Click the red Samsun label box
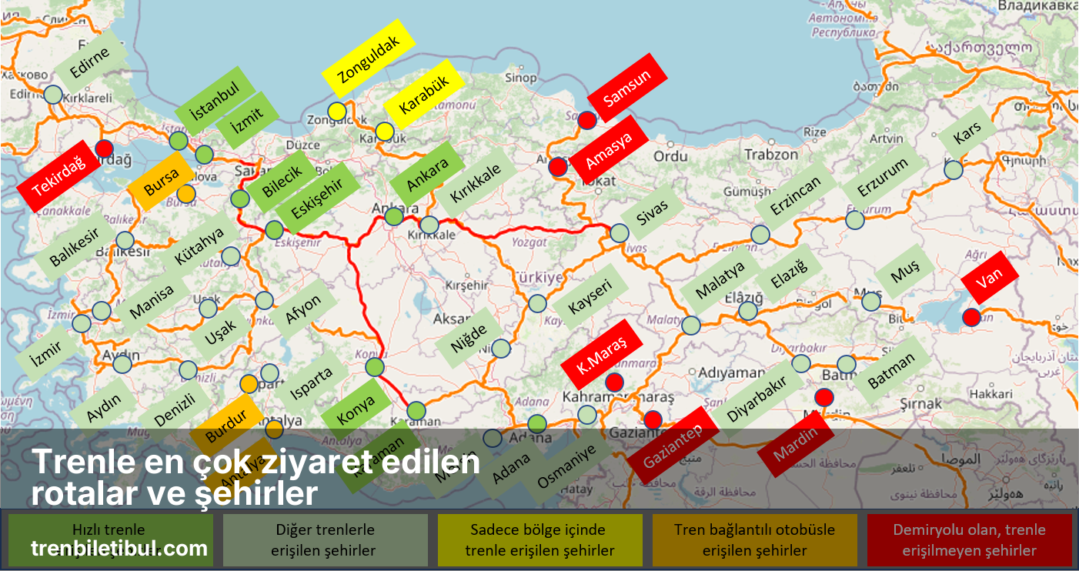(626, 88)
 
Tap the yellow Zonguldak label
(369, 61)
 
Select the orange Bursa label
(161, 182)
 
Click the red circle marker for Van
(971, 316)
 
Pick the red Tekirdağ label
(59, 176)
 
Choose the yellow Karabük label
(423, 101)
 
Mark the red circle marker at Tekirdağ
(104, 149)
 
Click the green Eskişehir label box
(316, 199)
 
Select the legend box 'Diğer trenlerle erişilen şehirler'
(325, 540)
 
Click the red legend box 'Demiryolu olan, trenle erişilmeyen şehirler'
(969, 540)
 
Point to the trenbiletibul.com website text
(119, 549)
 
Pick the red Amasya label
(608, 150)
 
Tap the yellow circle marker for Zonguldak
(336, 111)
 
